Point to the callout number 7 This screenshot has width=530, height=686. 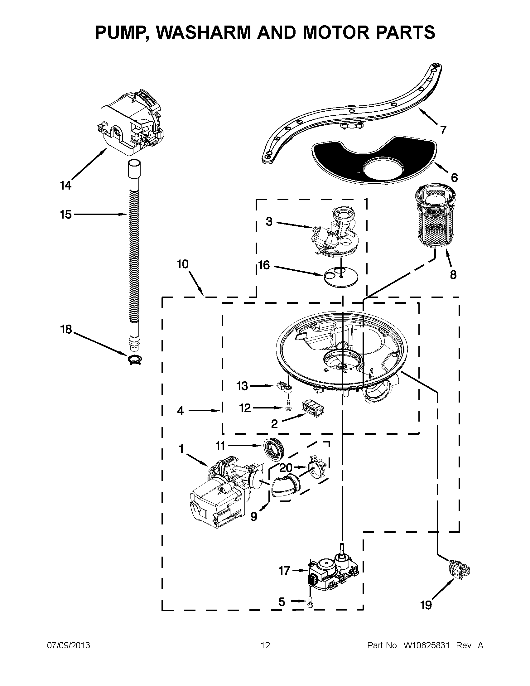[443, 130]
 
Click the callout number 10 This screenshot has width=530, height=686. [182, 264]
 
